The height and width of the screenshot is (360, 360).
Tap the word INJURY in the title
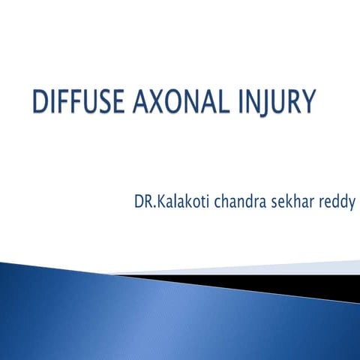point(274,102)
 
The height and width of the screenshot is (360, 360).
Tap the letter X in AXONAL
point(152,102)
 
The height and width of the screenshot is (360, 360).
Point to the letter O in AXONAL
point(170,102)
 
